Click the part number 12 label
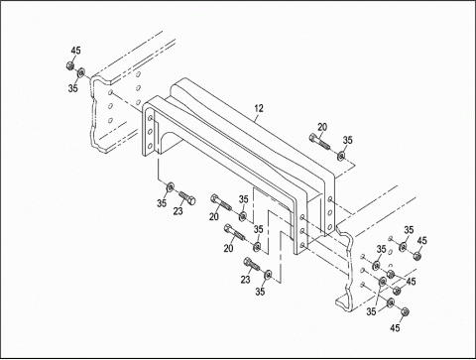pos(259,108)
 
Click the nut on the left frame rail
pos(69,65)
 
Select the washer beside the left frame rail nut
pos(81,71)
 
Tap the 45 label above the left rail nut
pos(75,51)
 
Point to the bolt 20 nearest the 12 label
pos(319,141)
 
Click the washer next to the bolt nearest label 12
pos(341,156)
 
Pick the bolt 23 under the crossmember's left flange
pos(187,197)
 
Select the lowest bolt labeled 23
pos(252,264)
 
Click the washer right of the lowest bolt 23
pos(268,275)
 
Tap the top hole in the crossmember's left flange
pos(151,118)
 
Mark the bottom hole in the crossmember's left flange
pos(150,146)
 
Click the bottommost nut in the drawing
pos(405,311)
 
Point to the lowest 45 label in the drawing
pos(395,328)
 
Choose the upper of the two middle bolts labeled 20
pos(220,202)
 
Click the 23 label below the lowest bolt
pos(245,280)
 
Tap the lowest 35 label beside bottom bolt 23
pos(260,292)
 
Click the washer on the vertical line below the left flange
pos(171,187)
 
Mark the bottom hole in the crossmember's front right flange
pos(302,245)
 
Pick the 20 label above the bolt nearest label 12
pos(322,127)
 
